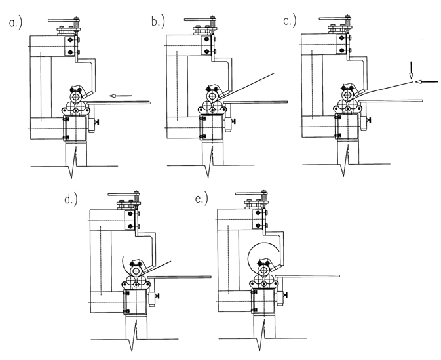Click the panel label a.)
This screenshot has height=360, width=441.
[15, 23]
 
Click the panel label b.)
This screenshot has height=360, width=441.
[158, 22]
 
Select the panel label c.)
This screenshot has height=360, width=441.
[290, 21]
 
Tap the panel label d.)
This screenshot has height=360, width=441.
[71, 199]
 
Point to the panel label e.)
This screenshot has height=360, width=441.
[201, 199]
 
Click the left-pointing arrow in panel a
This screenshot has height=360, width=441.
[121, 96]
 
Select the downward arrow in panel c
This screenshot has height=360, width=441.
[412, 70]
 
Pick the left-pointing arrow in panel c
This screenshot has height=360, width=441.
[427, 82]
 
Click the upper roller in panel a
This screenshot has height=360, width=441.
[76, 97]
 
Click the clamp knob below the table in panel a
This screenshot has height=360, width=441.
[98, 123]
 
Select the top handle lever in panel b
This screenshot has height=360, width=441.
[198, 20]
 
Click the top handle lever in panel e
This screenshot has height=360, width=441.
[249, 193]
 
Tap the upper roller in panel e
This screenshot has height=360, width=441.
[264, 271]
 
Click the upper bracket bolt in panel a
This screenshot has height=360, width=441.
[71, 41]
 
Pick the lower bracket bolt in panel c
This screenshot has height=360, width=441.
[342, 50]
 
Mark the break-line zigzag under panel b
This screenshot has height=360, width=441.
[208, 163]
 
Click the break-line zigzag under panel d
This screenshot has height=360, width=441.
[132, 337]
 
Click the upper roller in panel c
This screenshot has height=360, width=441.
[348, 94]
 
